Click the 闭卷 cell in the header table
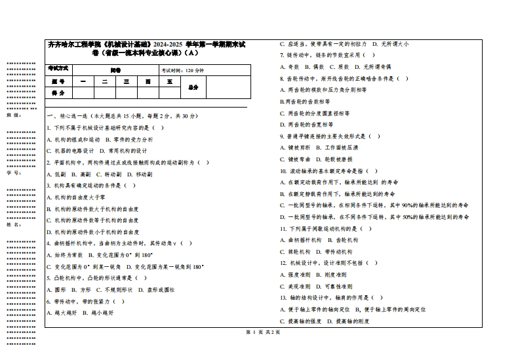pos(115,69)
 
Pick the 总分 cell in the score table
pos(193,87)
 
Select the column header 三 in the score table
pos(126,82)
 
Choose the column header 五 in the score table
pos(169,82)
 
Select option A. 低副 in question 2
pos(56,174)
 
